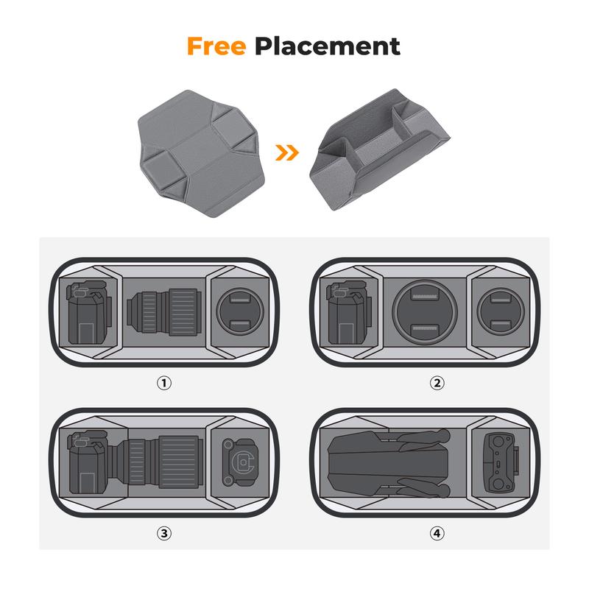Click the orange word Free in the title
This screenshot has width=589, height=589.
(216, 46)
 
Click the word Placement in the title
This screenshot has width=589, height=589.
(327, 46)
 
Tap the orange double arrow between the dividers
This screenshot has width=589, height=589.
(287, 152)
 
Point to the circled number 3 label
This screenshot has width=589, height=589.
(164, 533)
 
